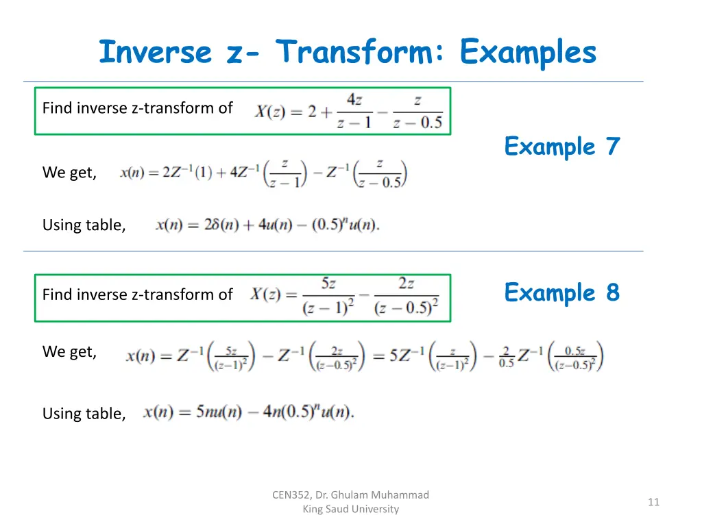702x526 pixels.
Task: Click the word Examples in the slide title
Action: click(x=529, y=53)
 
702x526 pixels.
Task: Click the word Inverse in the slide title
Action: click(x=155, y=53)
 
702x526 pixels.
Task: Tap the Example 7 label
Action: click(x=561, y=147)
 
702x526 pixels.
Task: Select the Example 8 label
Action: click(x=561, y=293)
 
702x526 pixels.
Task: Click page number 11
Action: click(x=653, y=503)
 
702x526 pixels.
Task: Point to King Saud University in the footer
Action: click(x=350, y=509)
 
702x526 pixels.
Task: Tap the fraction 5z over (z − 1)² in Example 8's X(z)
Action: click(x=328, y=297)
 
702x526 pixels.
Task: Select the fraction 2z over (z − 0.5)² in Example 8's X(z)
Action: click(x=406, y=297)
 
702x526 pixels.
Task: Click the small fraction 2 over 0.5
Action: click(x=507, y=357)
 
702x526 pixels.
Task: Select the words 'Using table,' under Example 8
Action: click(x=84, y=414)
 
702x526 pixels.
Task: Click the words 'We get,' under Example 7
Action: click(x=69, y=173)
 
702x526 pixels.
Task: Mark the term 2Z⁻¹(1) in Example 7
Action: click(x=187, y=173)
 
